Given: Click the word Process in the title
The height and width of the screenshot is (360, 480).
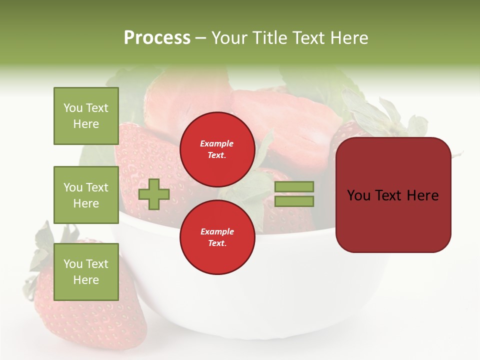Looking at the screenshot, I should coord(157,38).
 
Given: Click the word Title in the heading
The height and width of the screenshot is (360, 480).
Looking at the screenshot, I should coord(268,38).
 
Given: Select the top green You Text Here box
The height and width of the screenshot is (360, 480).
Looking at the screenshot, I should coord(86,116).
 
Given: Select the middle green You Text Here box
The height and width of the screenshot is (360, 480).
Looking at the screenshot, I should coord(86,195).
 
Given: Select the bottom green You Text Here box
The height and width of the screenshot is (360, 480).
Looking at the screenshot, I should coord(86,271).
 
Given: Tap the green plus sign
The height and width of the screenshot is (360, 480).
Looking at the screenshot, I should coord(153,194).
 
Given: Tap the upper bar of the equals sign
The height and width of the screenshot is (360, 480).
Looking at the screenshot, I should coord(294,186).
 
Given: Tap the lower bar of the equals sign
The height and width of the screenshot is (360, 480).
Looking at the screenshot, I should coord(294,201).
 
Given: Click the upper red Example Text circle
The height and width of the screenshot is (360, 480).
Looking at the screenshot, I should coord(217,149).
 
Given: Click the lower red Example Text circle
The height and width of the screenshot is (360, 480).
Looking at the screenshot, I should coord(217,237).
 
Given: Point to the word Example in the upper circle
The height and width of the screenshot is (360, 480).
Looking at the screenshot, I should coord(217,144).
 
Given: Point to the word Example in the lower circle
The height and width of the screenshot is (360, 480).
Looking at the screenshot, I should coord(217,232).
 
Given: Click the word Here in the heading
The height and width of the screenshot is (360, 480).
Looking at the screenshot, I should coord(349,38).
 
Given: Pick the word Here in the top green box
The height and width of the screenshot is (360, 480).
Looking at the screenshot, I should coord(86,124).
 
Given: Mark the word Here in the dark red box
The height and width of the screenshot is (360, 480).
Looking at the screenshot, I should coord(422,195).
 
